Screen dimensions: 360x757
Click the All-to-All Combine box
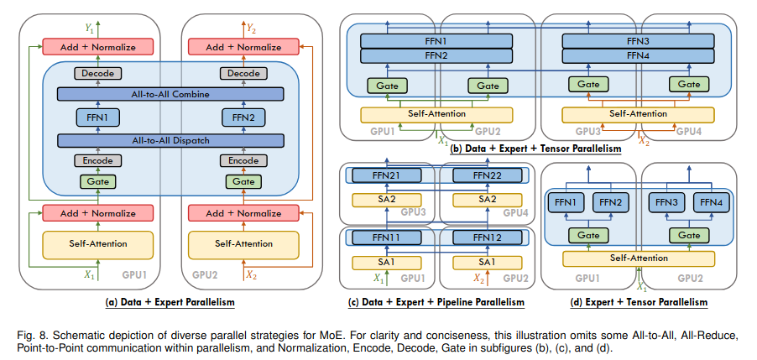click(x=170, y=95)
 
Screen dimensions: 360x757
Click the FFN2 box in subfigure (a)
click(x=243, y=117)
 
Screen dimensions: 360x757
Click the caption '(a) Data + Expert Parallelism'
click(x=170, y=301)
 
